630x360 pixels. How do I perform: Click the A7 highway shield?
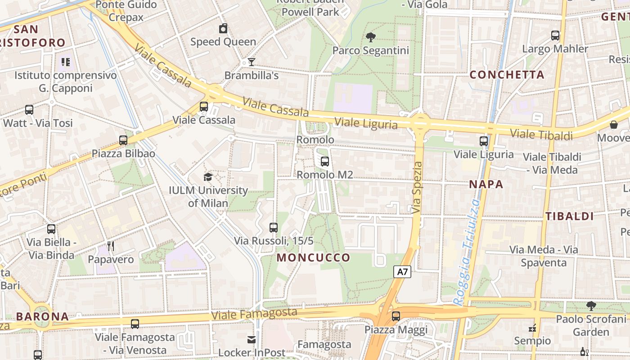403,272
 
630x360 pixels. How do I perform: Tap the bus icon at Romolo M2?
324,161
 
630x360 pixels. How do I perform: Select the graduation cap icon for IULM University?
208,177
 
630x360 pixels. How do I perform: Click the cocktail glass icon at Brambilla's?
251,62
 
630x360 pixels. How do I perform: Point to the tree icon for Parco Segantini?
371,37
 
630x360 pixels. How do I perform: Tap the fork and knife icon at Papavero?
111,246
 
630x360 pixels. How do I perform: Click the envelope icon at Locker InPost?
252,339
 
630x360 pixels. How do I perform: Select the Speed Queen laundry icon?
223,29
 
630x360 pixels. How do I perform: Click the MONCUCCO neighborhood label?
313,258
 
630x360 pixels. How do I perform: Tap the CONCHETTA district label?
507,75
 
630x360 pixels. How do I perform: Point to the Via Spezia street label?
417,187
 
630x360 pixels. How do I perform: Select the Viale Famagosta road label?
254,314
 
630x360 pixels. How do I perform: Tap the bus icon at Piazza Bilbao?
123,140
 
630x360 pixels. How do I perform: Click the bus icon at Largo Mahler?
555,35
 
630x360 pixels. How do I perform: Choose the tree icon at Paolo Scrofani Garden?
591,306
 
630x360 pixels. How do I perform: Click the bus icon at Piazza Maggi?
396,316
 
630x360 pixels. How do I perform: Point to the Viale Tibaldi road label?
541,135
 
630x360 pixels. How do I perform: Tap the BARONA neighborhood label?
42,316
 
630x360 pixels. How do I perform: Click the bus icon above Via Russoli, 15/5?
274,227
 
